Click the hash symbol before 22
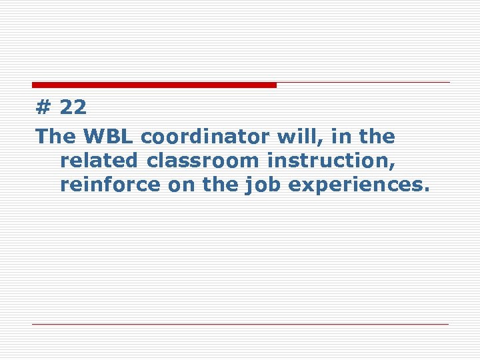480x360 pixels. [44, 107]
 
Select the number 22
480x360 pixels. [73, 107]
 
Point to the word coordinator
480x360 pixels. [205, 137]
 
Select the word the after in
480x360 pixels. [376, 137]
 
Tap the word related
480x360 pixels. [100, 161]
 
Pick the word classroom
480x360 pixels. [203, 161]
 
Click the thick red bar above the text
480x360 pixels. [154, 85]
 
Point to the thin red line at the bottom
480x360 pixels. [240, 325]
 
